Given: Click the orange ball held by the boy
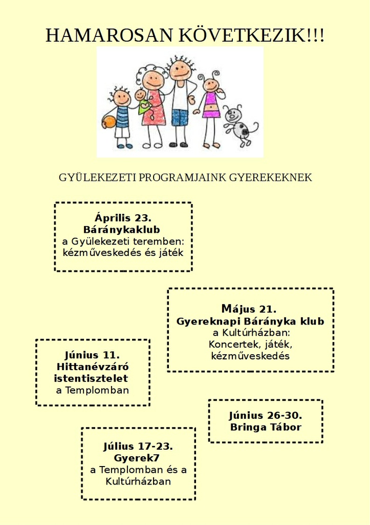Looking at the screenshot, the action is tap(109, 122).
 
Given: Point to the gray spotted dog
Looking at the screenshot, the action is tap(240, 126).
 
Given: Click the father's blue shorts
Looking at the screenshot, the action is tap(180, 117).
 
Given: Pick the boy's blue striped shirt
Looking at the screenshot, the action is tap(122, 117).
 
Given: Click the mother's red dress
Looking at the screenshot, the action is tap(154, 108).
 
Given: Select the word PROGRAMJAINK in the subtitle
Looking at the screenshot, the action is tap(183, 177).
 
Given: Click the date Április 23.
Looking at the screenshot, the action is tap(123, 217).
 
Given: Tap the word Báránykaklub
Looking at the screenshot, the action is tap(122, 230).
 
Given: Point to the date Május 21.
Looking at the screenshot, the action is tap(249, 308).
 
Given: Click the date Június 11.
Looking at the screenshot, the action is tap(92, 355).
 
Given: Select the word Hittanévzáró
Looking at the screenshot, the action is tap(93, 367).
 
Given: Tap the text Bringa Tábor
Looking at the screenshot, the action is tap(266, 427).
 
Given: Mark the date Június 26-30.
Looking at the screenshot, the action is tap(266, 415).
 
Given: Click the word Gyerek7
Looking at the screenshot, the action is tap(136, 458).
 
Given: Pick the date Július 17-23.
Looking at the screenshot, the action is tap(138, 447).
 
